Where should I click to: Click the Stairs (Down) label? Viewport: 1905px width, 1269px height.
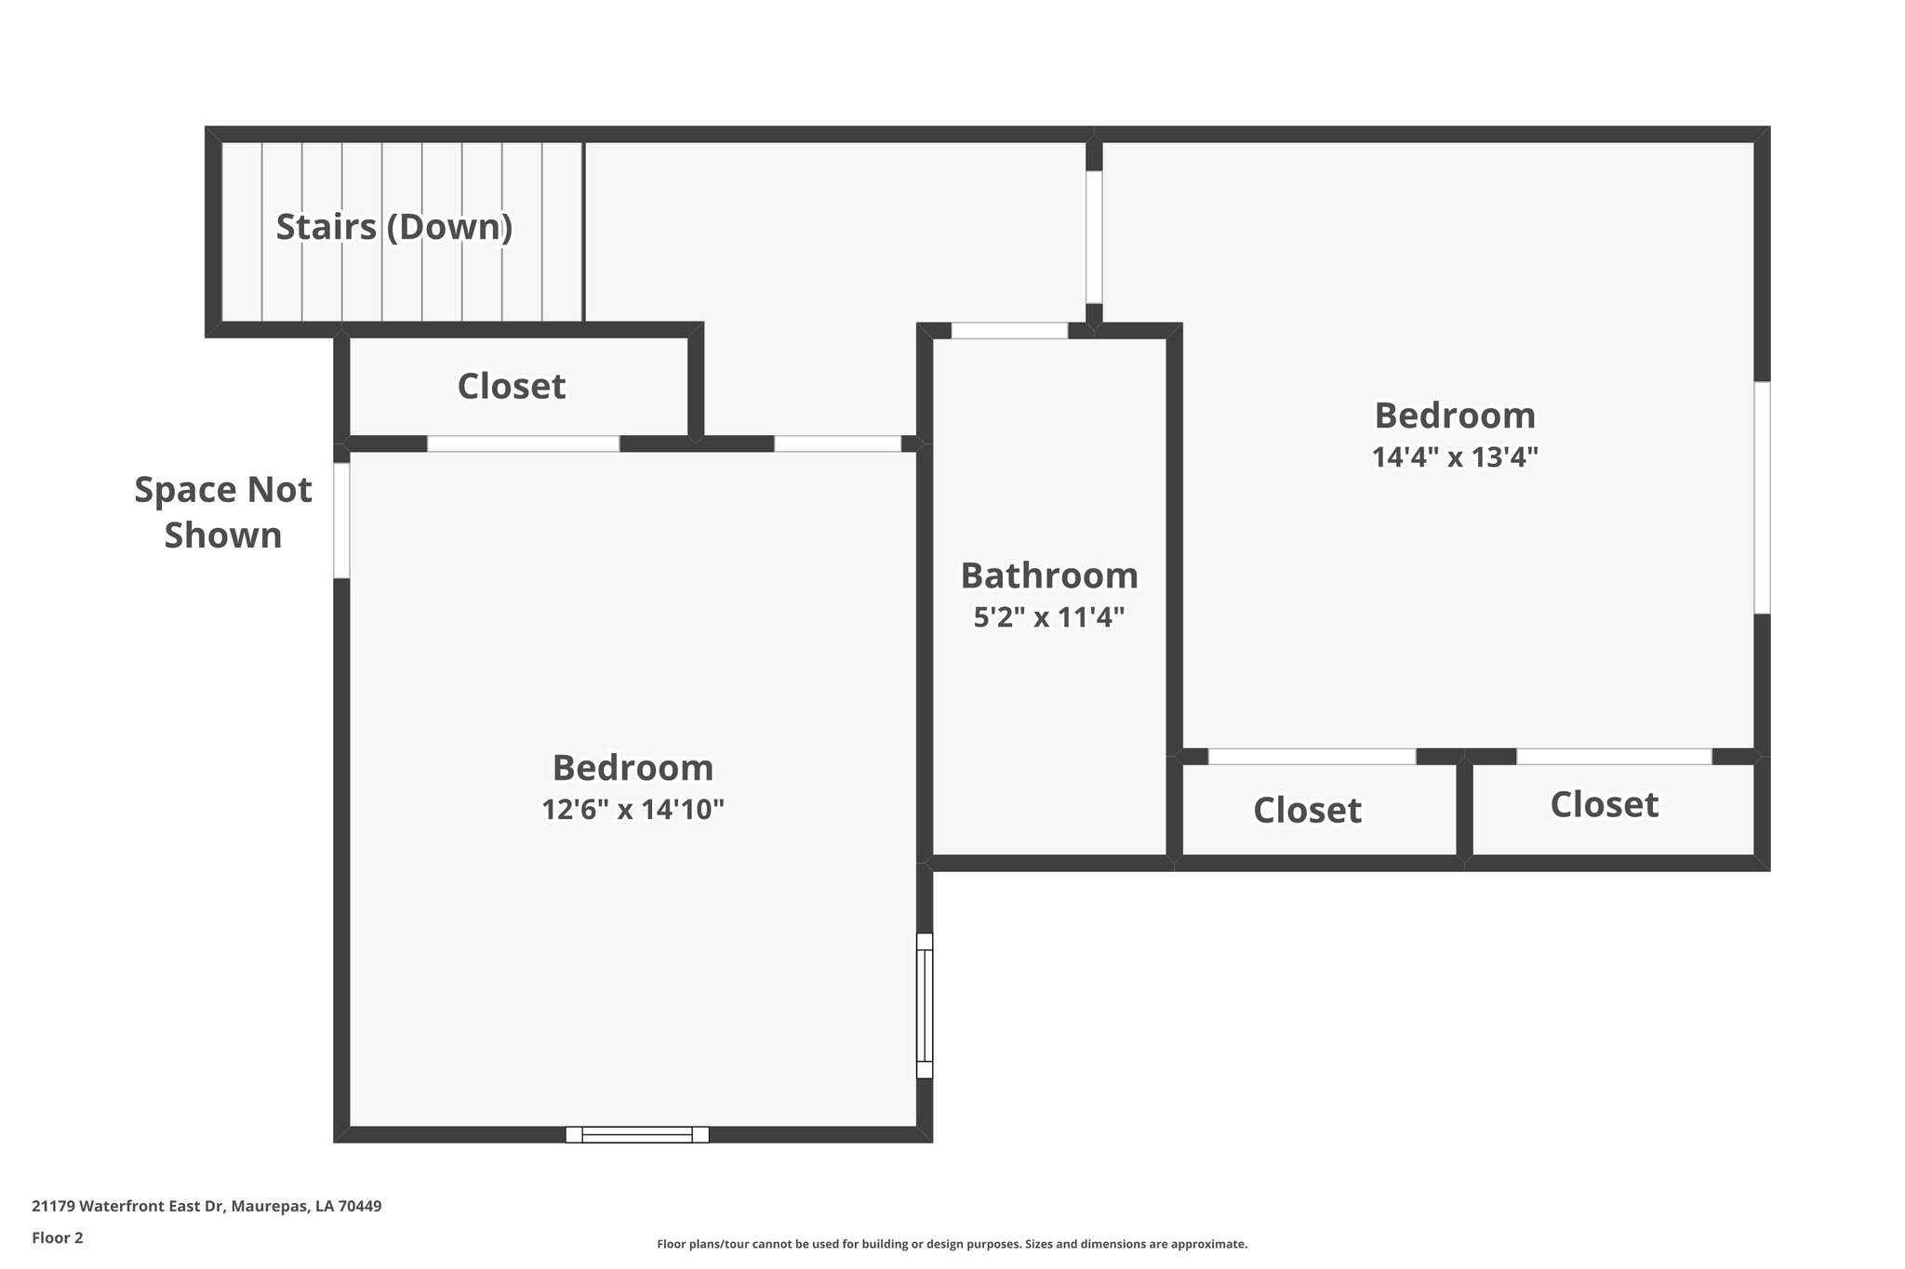394,227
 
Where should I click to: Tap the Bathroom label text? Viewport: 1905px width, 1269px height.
1049,575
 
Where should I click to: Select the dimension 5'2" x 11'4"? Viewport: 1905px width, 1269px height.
1049,617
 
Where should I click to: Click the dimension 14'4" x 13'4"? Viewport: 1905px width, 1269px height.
1455,457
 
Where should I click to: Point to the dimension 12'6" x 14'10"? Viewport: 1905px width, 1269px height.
633,810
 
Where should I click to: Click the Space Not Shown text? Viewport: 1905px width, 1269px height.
223,512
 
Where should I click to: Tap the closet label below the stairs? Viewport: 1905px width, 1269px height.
512,387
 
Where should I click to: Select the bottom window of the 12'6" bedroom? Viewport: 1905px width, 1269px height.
637,1134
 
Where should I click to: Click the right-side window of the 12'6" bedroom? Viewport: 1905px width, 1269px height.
924,1006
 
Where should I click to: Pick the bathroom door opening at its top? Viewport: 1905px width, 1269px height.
1009,331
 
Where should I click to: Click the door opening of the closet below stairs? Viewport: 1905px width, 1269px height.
523,444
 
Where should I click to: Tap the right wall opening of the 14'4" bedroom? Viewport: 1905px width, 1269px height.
1762,497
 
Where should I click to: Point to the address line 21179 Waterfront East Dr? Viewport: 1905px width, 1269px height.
206,1206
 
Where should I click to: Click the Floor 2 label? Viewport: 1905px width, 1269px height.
58,1237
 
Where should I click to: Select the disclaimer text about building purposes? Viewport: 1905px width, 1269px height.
952,1244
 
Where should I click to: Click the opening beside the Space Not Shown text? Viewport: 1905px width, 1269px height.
341,521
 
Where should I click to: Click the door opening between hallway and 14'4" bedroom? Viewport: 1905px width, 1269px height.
1094,237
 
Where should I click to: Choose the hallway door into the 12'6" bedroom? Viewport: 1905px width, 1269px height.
837,444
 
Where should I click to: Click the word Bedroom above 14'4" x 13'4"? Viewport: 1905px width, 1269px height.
1455,416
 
